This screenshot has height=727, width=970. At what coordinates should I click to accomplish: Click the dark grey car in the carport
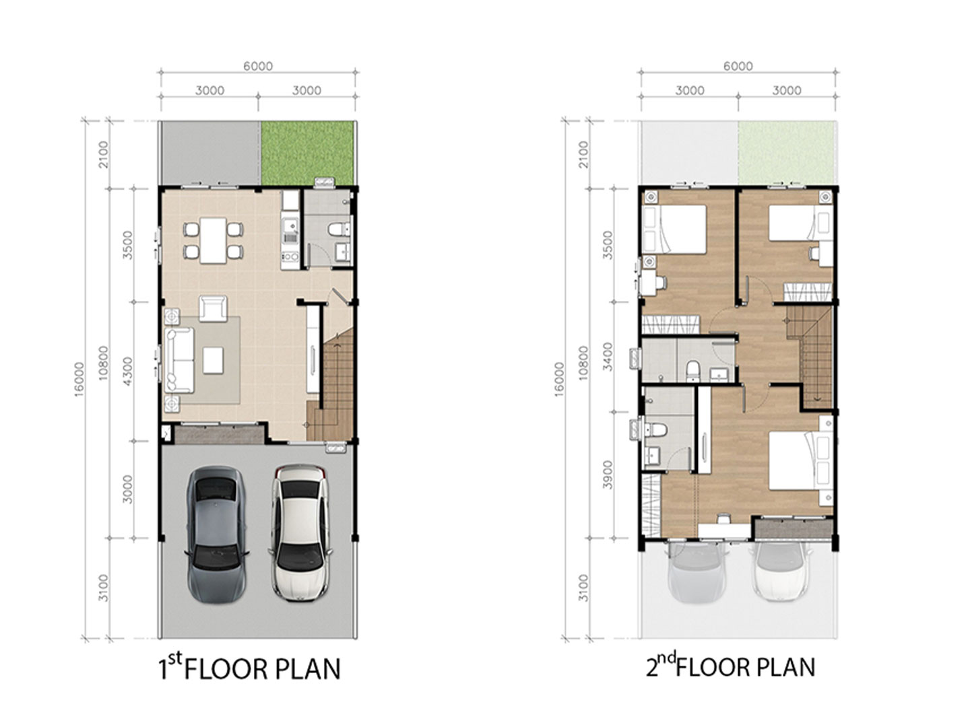216,534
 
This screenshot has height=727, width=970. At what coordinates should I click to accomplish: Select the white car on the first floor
300,532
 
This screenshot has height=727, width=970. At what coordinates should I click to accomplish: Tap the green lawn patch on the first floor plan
307,153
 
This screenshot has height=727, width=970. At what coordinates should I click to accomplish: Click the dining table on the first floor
213,240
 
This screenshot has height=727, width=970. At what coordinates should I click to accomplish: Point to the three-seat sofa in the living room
179,359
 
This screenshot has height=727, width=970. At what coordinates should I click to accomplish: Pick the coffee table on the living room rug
213,360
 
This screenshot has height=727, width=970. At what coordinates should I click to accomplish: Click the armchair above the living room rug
213,308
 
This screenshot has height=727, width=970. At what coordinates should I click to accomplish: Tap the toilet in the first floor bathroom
339,230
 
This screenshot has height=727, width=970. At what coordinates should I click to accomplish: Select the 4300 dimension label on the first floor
127,371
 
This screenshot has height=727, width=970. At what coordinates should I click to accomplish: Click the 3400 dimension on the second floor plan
608,356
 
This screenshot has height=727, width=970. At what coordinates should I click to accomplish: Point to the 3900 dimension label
608,475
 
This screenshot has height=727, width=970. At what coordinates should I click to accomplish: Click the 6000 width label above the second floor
738,66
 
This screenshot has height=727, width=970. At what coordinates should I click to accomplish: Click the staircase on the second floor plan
810,357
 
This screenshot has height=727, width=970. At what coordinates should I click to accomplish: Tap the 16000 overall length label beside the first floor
79,379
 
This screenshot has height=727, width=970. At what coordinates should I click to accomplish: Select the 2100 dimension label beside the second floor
583,154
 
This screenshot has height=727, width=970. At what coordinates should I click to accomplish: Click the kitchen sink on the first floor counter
290,228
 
